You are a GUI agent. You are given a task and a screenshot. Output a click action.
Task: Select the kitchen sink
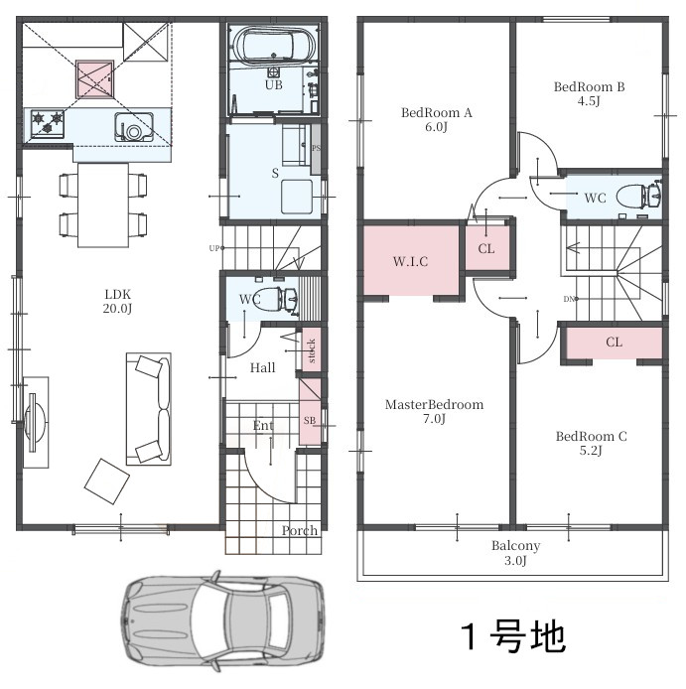click(134, 127)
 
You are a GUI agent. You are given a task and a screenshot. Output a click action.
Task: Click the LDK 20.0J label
click(117, 302)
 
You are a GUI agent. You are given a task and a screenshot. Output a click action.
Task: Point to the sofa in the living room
click(149, 409)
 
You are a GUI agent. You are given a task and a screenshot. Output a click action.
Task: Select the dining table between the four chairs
click(103, 206)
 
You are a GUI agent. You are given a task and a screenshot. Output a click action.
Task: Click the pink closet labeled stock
click(312, 349)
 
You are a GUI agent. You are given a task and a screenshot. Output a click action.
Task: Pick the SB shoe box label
click(310, 421)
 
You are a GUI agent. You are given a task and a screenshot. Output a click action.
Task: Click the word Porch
click(299, 531)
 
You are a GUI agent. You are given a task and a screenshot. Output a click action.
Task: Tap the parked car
click(222, 620)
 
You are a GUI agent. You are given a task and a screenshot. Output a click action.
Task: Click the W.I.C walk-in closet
click(411, 261)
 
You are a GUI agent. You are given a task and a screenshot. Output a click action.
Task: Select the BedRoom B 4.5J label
click(589, 93)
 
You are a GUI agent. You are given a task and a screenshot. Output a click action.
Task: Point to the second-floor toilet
click(639, 196)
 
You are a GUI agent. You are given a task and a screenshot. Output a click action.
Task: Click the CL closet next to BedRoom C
click(614, 343)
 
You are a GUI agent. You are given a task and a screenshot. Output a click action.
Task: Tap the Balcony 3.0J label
click(515, 553)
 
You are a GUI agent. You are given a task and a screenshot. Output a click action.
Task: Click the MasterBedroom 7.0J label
click(434, 411)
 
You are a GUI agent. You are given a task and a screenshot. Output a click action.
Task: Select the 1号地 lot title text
click(513, 636)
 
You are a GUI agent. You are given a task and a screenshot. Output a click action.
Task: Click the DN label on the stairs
click(569, 299)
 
